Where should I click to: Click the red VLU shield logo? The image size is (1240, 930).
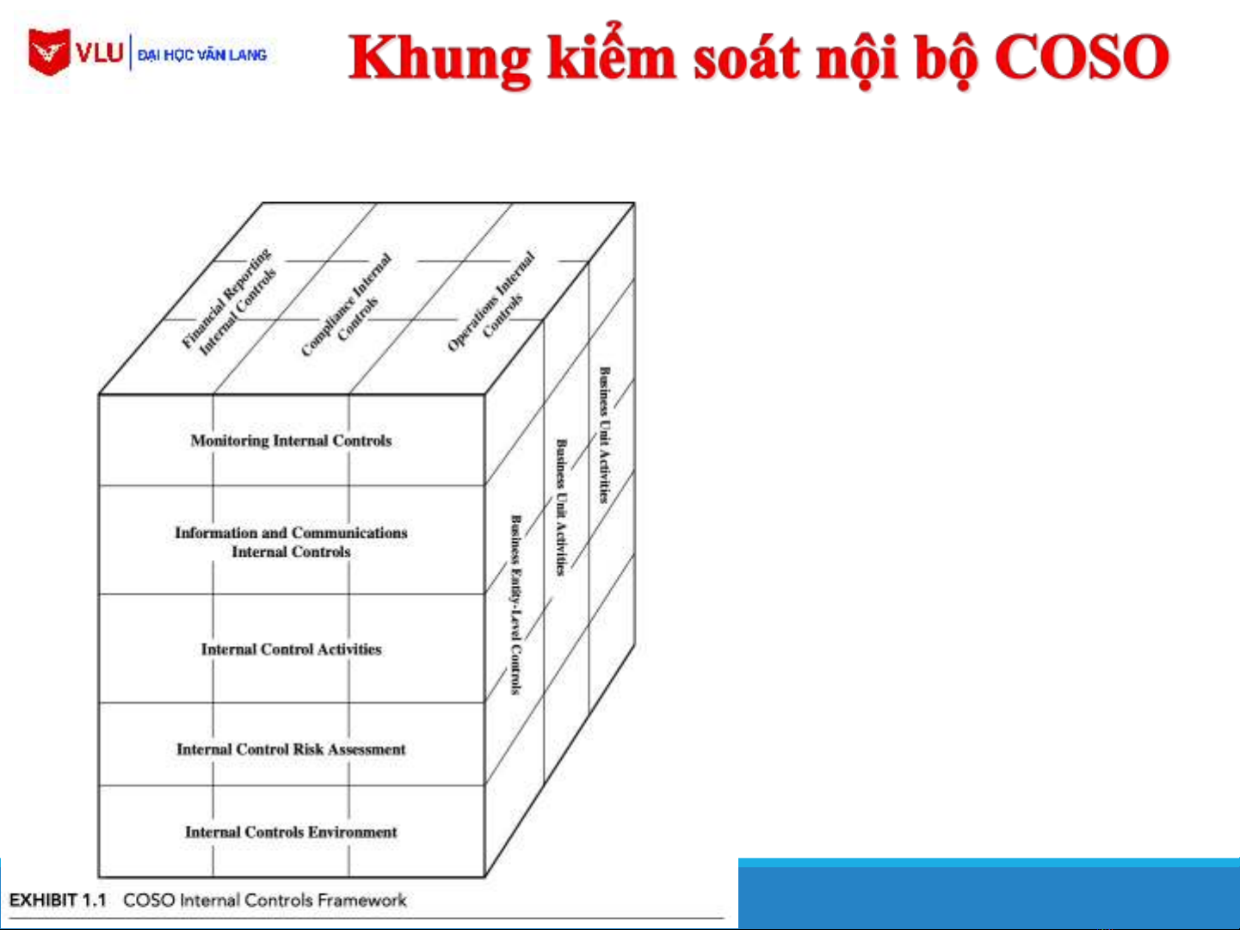tap(49, 52)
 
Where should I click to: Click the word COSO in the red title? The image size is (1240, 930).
tap(1082, 57)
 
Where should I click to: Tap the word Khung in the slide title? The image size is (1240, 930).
tap(441, 60)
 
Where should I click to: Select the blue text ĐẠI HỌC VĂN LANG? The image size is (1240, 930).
tap(202, 55)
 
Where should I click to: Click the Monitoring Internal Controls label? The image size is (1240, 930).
tap(291, 440)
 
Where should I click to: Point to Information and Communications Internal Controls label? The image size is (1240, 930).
tap(291, 542)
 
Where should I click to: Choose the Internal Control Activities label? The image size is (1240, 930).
tap(291, 650)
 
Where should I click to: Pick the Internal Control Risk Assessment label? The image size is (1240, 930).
tap(291, 749)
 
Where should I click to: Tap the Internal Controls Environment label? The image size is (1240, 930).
tap(291, 832)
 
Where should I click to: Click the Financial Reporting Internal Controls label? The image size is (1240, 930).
tap(229, 302)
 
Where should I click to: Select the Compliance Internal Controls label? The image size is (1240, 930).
tap(346, 305)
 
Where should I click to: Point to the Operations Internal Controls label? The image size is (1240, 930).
tap(490, 302)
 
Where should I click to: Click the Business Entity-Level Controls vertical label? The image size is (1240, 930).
tap(516, 605)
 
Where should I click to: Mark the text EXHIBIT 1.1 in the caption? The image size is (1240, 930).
tap(58, 900)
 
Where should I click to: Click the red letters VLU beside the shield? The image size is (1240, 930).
tap(100, 53)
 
